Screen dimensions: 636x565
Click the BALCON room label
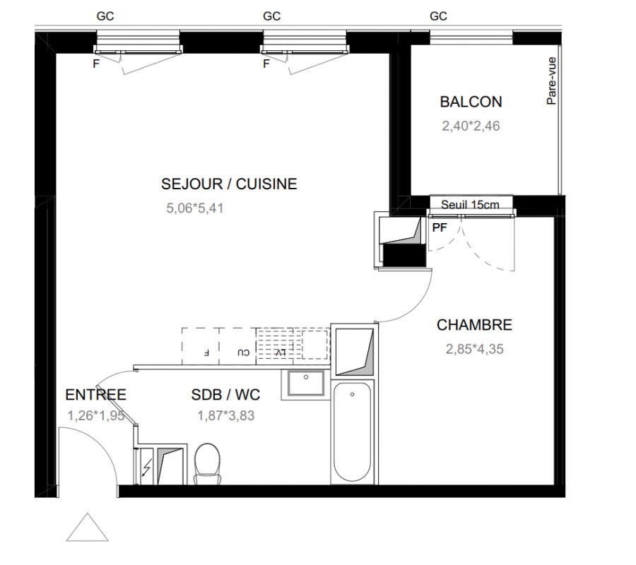pos(471,102)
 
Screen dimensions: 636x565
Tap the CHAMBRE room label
pos(474,325)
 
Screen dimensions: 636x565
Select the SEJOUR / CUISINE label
pos(229,184)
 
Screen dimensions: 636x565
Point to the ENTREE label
pos(95,395)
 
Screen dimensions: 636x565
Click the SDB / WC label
pos(225,395)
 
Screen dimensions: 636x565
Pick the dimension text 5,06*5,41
pos(195,208)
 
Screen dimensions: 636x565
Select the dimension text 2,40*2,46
pos(471,126)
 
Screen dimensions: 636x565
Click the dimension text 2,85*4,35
pos(475,349)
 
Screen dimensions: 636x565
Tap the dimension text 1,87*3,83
pos(226,415)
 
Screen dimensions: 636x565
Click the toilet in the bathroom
pos(207,464)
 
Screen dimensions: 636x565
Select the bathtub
pos(352,432)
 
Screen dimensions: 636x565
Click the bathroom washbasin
pos(306,383)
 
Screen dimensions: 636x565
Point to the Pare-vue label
pos(551,81)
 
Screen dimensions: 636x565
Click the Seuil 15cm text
pos(470,205)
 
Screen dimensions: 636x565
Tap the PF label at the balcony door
pos(440,228)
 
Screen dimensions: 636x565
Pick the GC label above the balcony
pos(438,16)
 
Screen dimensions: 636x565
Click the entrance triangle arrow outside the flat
pos(87,528)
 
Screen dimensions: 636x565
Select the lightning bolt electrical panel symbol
pos(147,467)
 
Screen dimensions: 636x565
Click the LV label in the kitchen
pos(281,352)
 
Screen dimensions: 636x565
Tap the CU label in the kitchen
pos(243,352)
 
